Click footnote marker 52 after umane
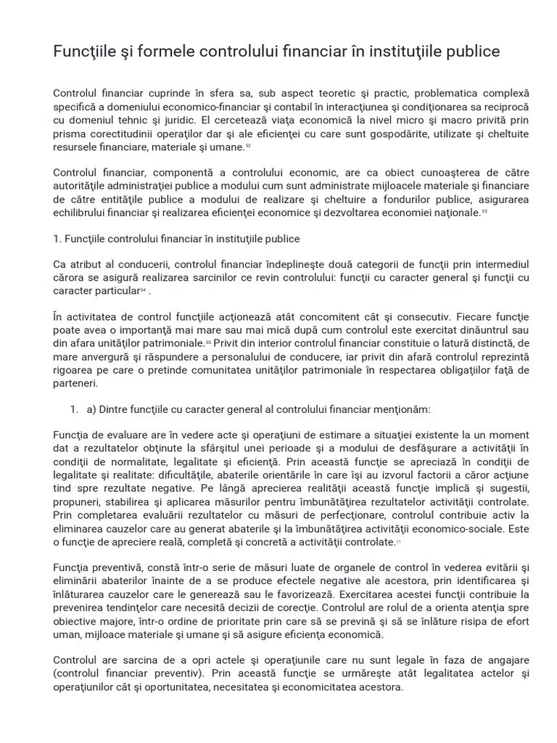coord(247,146)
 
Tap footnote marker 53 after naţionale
coord(484,212)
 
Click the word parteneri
coord(75,383)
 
